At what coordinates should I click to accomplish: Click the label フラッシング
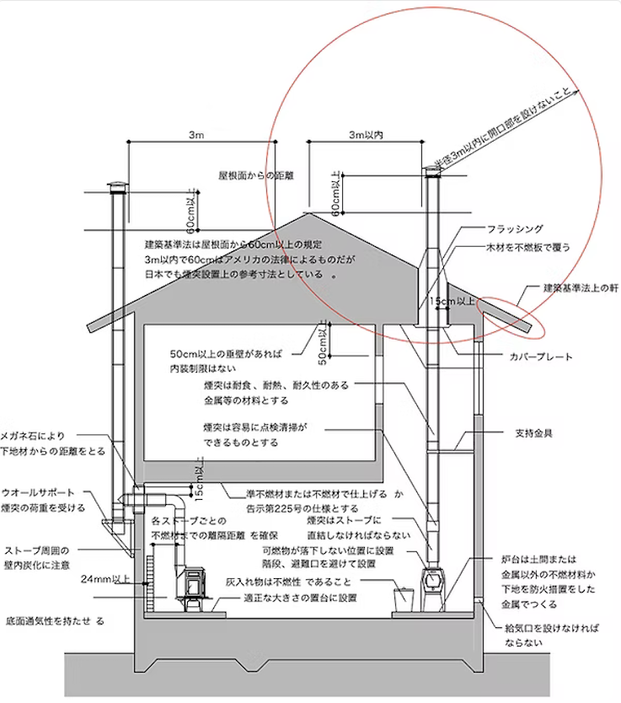pos(515,229)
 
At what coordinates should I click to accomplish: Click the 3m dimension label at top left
pos(195,135)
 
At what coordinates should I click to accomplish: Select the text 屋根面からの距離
pos(256,177)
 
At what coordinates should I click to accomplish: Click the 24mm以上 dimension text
pos(106,579)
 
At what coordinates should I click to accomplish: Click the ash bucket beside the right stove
pos(403,595)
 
